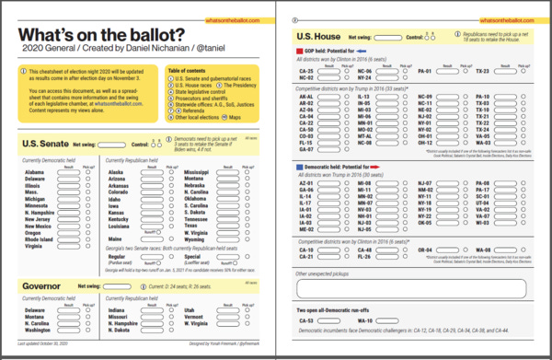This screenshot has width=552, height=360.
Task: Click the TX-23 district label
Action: [483, 71]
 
